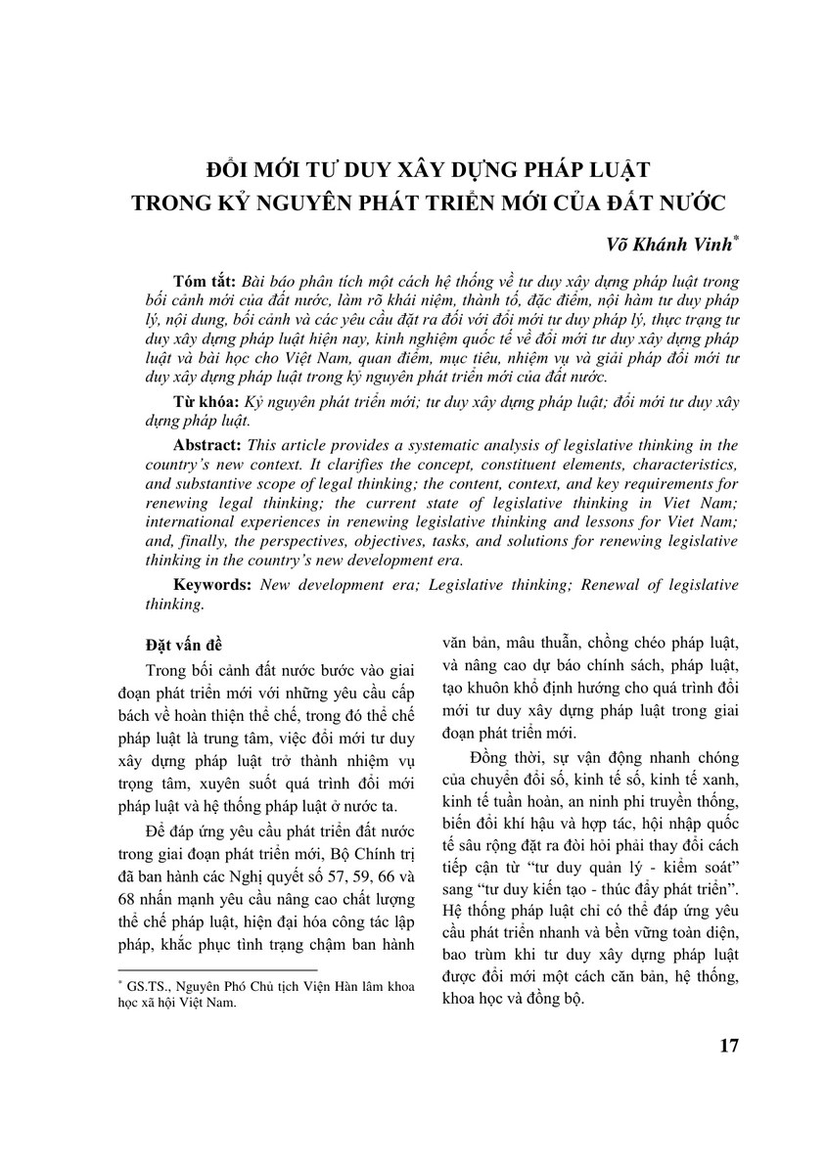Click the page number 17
[728, 1045]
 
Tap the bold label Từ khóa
[198, 403]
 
